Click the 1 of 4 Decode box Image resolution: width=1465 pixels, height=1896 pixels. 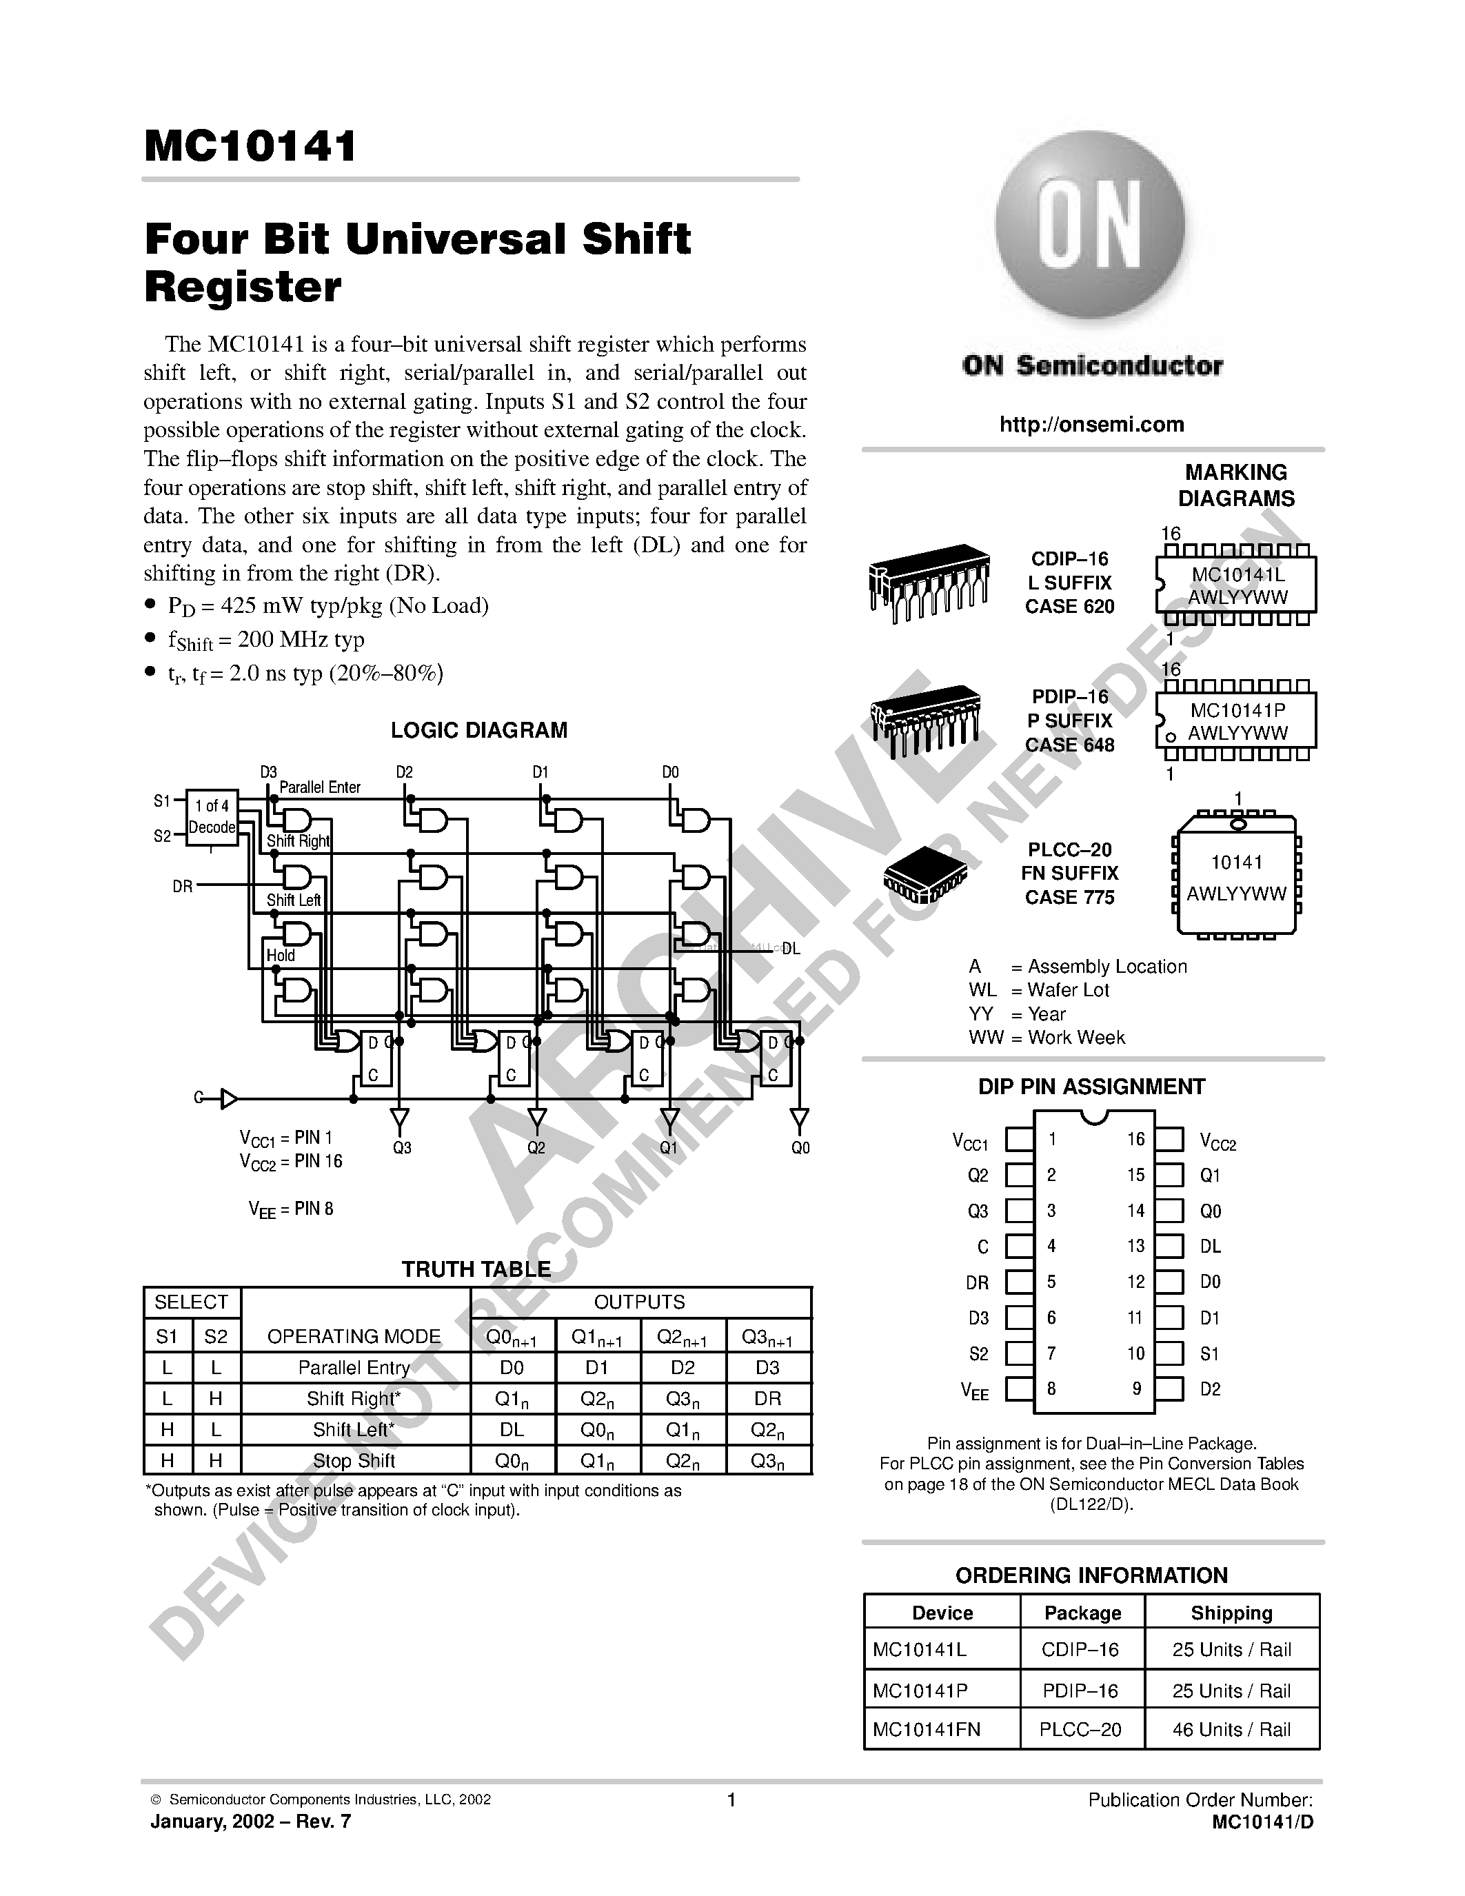pos(212,817)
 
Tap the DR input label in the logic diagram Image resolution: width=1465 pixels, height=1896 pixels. pos(182,887)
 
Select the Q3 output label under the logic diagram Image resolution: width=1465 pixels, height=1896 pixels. pos(402,1148)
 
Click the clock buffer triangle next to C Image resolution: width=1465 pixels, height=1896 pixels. pos(228,1099)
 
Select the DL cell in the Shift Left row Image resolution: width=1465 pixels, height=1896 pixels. pos(512,1430)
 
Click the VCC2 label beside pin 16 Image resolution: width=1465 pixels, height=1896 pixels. pos(1217,1142)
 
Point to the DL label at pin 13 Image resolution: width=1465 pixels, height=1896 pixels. pos(1210,1247)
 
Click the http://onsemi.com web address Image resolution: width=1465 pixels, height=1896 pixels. pos(1091,425)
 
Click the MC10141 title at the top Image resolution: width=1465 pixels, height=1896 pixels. pos(251,146)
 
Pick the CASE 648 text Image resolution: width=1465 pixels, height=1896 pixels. pos(1069,745)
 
